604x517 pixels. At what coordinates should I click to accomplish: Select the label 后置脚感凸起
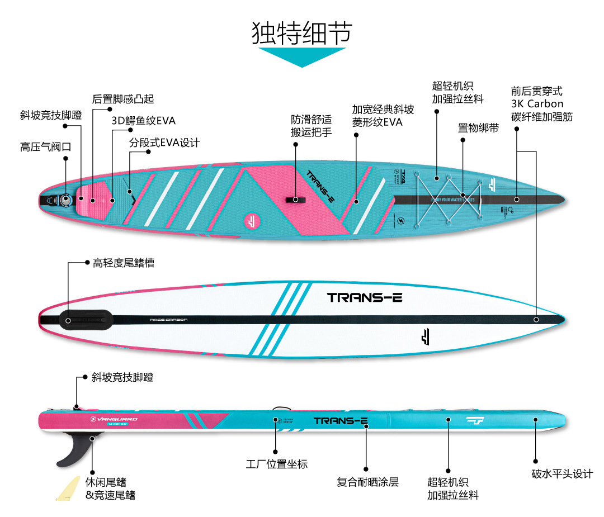[123, 99]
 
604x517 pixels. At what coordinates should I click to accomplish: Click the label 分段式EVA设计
[164, 143]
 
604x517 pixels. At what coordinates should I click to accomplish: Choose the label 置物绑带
[478, 128]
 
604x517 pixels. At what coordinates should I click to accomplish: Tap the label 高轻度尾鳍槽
[124, 262]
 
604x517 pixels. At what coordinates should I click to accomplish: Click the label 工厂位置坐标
[277, 464]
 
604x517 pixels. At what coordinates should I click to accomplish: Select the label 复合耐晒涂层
[367, 482]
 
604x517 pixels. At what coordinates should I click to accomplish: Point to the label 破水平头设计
[562, 474]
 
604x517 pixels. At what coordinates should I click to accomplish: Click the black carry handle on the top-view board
[295, 200]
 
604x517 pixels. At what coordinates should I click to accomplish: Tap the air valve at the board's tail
[65, 199]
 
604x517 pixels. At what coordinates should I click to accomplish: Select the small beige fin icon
[67, 488]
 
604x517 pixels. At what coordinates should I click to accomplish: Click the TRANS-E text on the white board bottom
[365, 297]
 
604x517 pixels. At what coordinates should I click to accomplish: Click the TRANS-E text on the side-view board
[340, 420]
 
